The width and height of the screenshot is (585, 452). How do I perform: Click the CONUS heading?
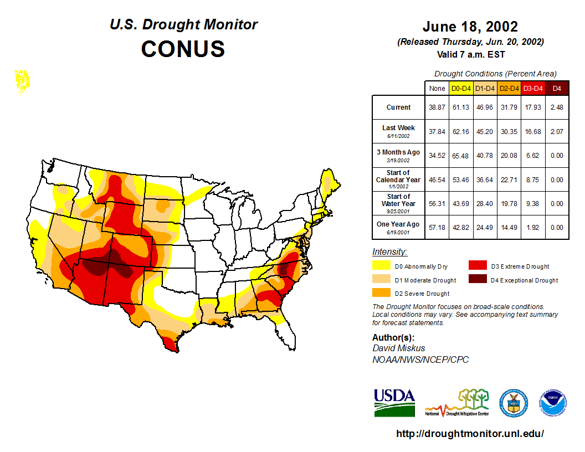coord(183,49)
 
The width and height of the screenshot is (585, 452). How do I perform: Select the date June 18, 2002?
coord(470,27)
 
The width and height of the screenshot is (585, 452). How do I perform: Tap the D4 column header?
coord(557,88)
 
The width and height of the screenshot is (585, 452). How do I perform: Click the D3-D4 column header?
coord(533,88)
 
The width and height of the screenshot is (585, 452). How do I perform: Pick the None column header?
coord(437,88)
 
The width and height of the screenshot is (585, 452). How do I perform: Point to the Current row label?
coord(398,107)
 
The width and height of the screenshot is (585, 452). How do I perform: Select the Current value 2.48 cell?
coord(557,107)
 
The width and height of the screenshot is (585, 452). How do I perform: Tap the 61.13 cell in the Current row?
coord(461,107)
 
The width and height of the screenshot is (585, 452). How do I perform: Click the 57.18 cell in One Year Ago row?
coord(437,227)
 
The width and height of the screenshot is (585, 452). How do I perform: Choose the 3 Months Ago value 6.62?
coord(533,156)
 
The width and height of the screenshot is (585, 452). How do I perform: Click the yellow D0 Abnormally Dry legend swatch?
coord(381,266)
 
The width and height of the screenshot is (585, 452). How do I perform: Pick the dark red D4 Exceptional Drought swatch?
coord(478,279)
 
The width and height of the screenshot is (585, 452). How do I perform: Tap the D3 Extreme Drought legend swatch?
coord(478,266)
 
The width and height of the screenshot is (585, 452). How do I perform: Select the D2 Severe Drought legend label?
coord(422,294)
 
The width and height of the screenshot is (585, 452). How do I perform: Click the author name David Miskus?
coord(398,348)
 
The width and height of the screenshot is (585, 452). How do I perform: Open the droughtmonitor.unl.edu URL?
coord(470,434)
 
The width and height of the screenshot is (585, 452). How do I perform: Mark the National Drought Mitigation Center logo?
coord(458,403)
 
